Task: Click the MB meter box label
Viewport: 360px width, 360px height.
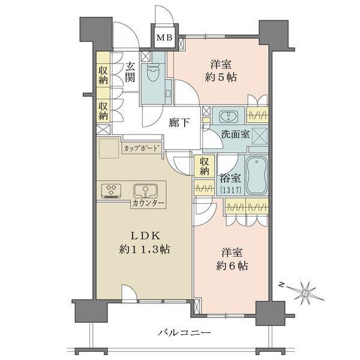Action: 164,37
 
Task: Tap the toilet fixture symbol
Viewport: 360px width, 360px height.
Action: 152,72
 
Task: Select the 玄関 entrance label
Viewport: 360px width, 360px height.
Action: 130,73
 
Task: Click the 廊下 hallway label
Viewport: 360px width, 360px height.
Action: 179,123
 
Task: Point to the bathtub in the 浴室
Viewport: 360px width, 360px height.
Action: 256,175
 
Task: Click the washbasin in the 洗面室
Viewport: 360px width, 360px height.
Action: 229,116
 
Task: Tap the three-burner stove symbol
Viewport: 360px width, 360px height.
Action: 111,191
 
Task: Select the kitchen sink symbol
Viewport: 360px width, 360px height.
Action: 146,191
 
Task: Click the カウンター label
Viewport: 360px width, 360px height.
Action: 148,203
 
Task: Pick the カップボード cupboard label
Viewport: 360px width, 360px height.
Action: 142,148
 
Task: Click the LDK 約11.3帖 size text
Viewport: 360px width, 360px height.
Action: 145,242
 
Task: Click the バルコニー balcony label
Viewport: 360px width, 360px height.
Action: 184,332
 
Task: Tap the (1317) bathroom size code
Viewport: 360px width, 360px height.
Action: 230,190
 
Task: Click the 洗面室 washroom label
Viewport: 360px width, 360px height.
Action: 235,134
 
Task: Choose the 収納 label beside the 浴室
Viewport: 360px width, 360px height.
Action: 204,166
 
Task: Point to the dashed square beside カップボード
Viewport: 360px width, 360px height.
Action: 109,148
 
